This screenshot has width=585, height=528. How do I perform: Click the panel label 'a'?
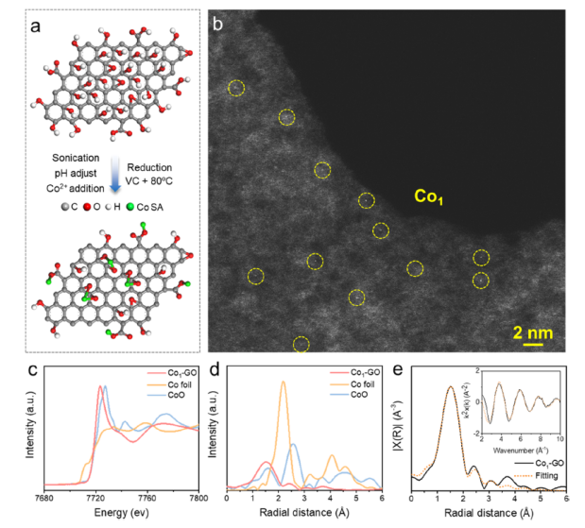point(35,26)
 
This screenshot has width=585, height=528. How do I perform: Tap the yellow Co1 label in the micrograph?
point(430,196)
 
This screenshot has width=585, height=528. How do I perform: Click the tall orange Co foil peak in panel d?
point(282,383)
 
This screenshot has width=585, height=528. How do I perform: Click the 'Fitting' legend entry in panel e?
point(542,475)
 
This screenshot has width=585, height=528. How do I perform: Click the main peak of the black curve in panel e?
point(451,387)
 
